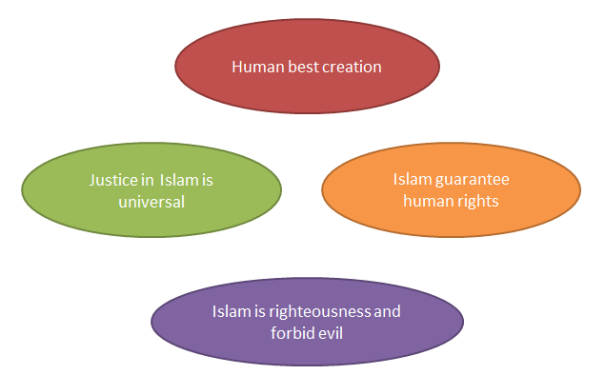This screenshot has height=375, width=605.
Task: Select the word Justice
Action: pyautogui.click(x=112, y=178)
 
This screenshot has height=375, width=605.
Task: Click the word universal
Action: pyautogui.click(x=151, y=202)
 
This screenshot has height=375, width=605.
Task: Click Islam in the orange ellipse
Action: pyautogui.click(x=411, y=178)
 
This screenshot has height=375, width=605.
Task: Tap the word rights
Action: pyautogui.click(x=478, y=201)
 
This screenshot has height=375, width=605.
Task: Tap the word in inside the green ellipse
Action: pyautogui.click(x=148, y=178)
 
